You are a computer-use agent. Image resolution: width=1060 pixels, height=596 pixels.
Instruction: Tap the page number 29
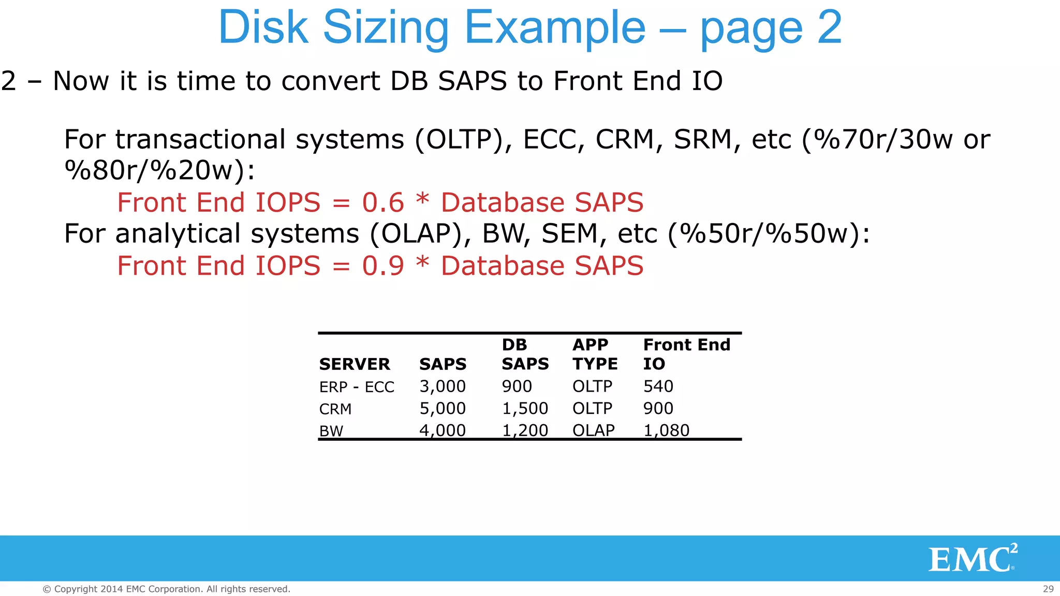coord(1048,589)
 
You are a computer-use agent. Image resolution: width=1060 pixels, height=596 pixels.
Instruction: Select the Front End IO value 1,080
coord(666,430)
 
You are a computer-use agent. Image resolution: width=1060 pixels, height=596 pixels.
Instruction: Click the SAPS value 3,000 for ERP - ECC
coord(443,386)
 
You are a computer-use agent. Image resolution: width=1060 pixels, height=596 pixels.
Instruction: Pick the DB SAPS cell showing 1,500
coord(525,409)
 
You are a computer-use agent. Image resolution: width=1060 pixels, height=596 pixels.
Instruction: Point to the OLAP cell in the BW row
coord(593,430)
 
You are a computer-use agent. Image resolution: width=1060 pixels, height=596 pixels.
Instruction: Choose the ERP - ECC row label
coord(357,387)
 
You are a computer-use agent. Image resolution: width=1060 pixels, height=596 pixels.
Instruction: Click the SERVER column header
coord(355,364)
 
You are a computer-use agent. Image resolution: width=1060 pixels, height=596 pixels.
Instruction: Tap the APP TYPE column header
coord(595,354)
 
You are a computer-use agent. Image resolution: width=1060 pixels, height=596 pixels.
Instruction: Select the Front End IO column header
coord(686,354)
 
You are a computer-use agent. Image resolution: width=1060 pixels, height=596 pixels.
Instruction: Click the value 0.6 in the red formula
coord(383,202)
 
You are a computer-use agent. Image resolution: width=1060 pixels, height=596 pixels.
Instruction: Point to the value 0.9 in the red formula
coord(383,266)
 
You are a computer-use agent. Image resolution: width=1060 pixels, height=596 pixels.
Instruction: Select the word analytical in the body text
coord(237,234)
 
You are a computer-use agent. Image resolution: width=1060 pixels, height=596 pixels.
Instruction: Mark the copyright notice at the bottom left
coord(166,589)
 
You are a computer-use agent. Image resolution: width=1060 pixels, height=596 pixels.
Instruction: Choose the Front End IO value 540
coord(658,386)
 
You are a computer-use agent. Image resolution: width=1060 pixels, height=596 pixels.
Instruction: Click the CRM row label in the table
coord(335,409)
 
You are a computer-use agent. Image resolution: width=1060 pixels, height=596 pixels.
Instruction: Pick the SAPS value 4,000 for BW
coord(443,430)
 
